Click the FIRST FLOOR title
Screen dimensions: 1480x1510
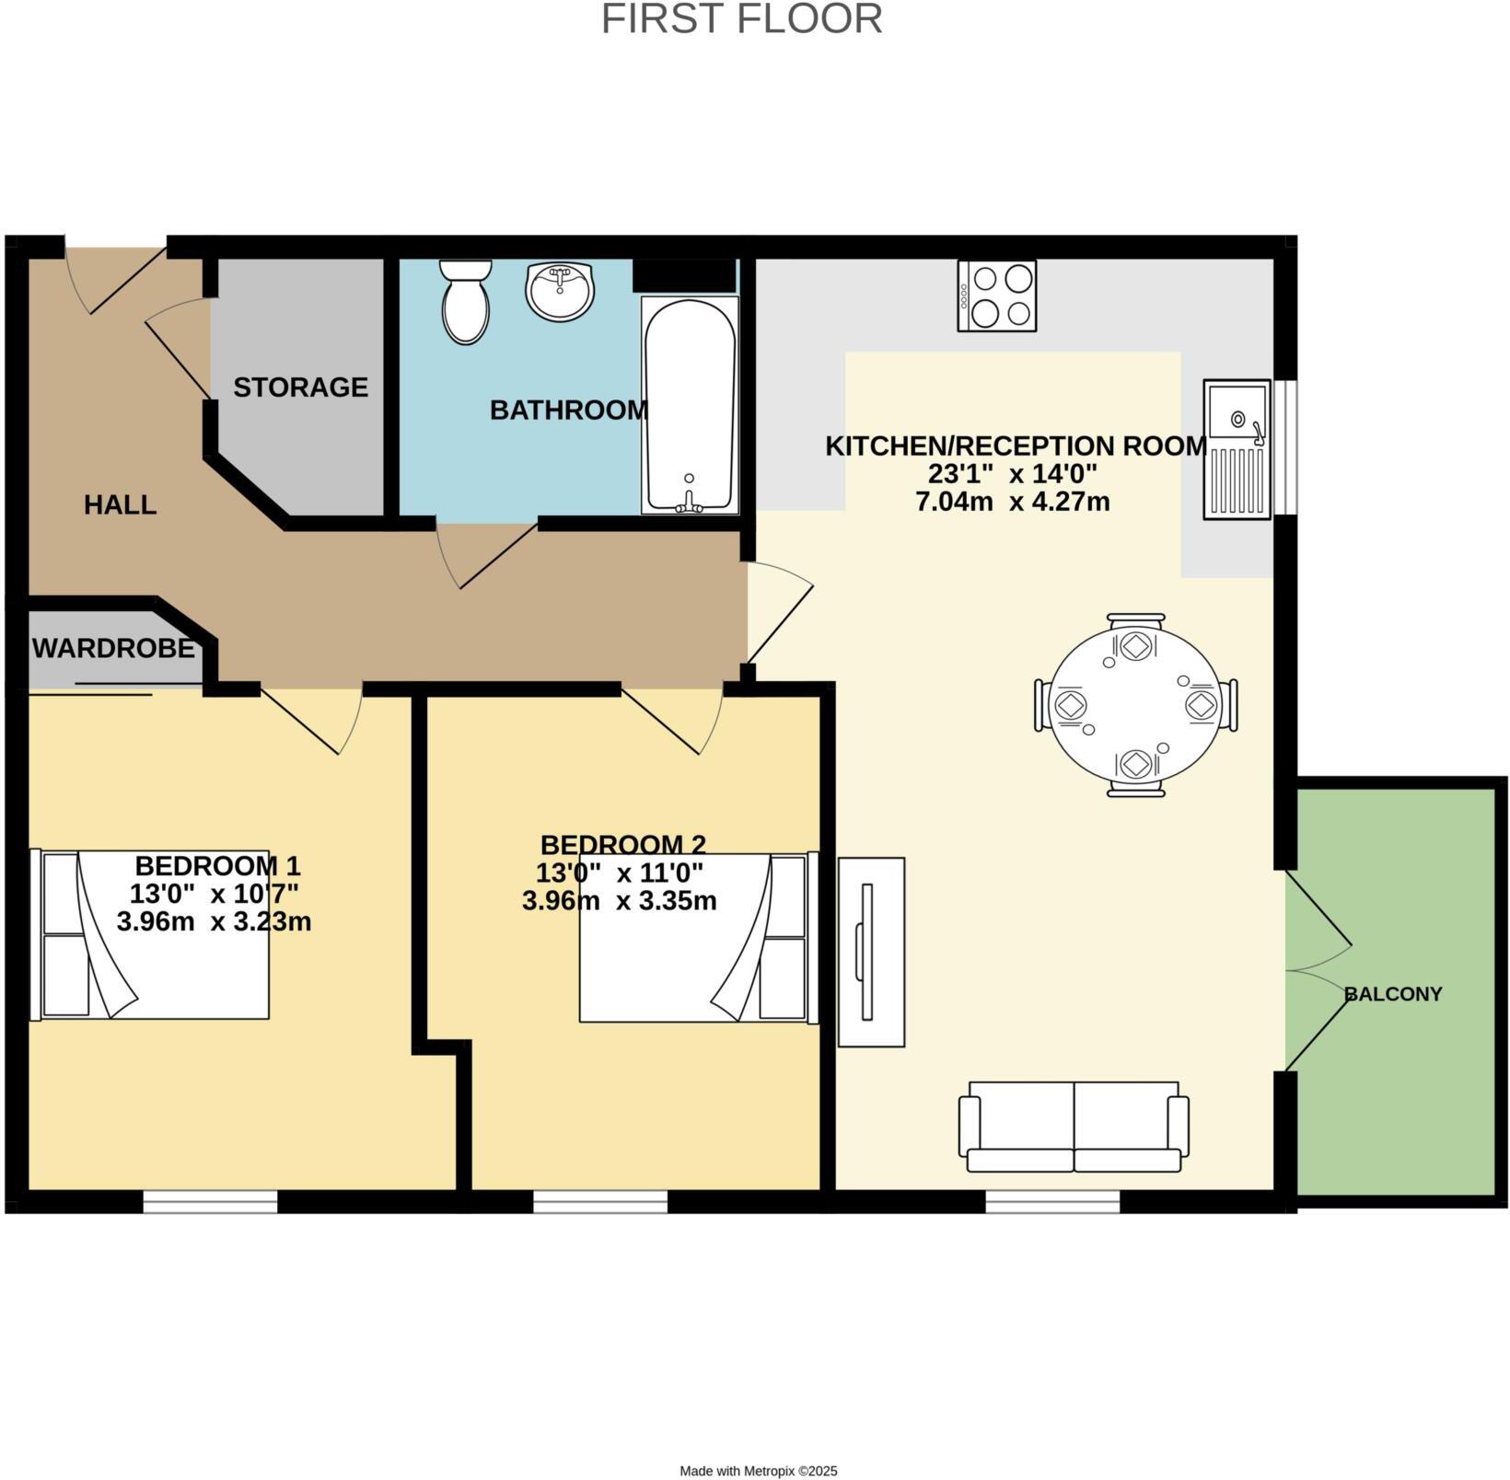pos(741,19)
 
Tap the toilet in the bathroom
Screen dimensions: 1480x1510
pos(465,301)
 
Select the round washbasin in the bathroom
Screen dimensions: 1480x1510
pos(560,291)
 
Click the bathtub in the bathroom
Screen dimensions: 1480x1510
pos(690,405)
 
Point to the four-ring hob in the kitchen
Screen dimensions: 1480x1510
pos(996,295)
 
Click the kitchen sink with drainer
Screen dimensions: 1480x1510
pos(1237,449)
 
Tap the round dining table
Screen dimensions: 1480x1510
pos(1135,705)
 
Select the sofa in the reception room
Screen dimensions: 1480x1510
pos(1074,1127)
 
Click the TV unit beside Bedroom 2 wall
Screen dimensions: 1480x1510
pos(871,952)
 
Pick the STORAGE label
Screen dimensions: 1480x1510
pos(300,387)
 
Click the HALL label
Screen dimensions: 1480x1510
pos(120,504)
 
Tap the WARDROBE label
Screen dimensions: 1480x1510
pos(113,649)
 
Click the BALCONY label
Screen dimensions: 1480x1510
pos(1392,994)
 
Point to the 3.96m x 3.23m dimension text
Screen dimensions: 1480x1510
pos(214,921)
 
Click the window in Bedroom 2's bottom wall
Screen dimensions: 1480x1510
pos(600,1201)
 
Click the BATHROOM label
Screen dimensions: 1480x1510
pos(568,410)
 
